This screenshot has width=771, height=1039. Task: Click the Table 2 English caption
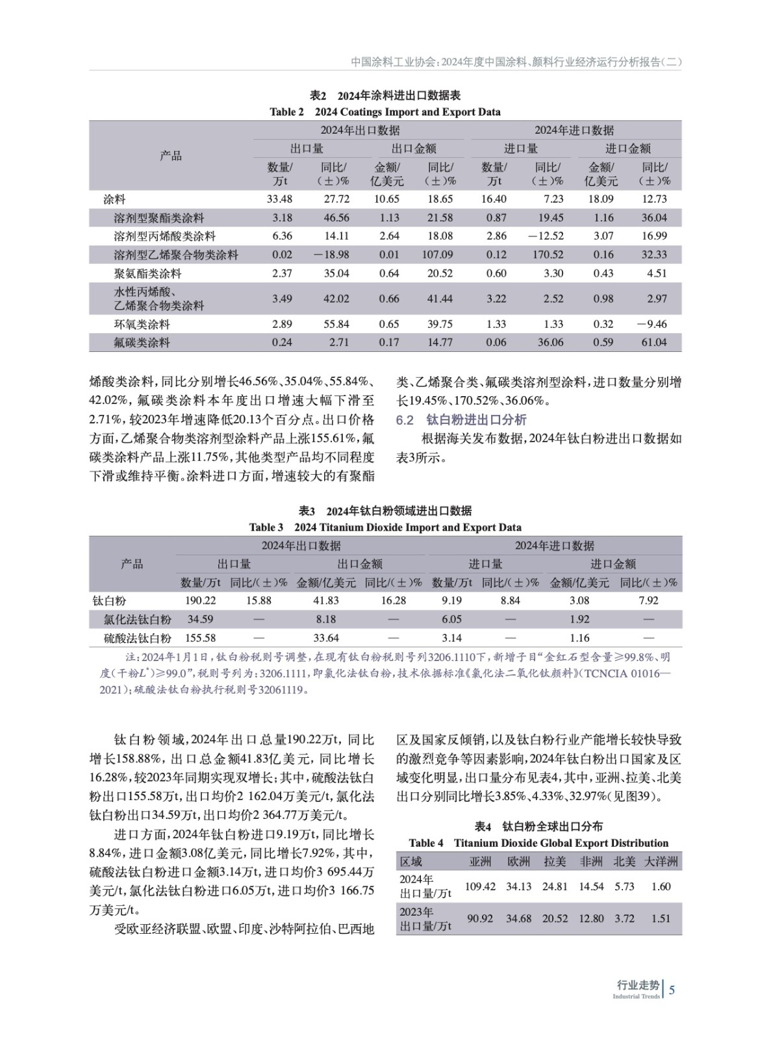point(385,112)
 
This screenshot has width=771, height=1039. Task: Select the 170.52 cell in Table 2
point(548,255)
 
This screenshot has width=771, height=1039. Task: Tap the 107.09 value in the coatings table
point(437,255)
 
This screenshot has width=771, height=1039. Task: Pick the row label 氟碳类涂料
point(142,342)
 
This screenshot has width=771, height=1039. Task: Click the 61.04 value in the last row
point(653,342)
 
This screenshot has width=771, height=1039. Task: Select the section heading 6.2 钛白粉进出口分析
point(461,419)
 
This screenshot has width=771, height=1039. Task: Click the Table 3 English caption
point(385,527)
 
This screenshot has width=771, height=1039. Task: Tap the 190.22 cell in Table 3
point(200,601)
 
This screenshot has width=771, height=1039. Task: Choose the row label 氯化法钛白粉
point(137,620)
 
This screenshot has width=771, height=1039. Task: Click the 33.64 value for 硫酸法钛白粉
point(326,638)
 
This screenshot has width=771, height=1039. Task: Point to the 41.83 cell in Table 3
point(326,601)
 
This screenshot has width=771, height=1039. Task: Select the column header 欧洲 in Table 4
point(518,862)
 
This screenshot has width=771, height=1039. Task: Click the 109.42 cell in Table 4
point(480,886)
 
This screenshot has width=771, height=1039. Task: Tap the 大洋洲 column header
point(661,862)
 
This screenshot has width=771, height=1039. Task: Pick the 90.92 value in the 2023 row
point(480,918)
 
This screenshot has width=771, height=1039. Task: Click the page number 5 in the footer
point(672,990)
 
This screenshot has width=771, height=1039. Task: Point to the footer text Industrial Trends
point(636,997)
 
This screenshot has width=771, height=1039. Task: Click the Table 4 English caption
point(538,843)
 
